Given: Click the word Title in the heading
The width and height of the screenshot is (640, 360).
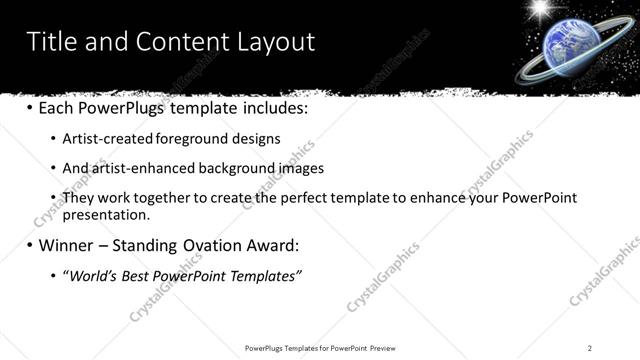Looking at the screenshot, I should pyautogui.click(x=51, y=41).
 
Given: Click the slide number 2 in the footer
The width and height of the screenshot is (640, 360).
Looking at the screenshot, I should pyautogui.click(x=590, y=348).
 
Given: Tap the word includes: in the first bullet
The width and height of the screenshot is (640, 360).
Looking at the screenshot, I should pyautogui.click(x=272, y=106).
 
